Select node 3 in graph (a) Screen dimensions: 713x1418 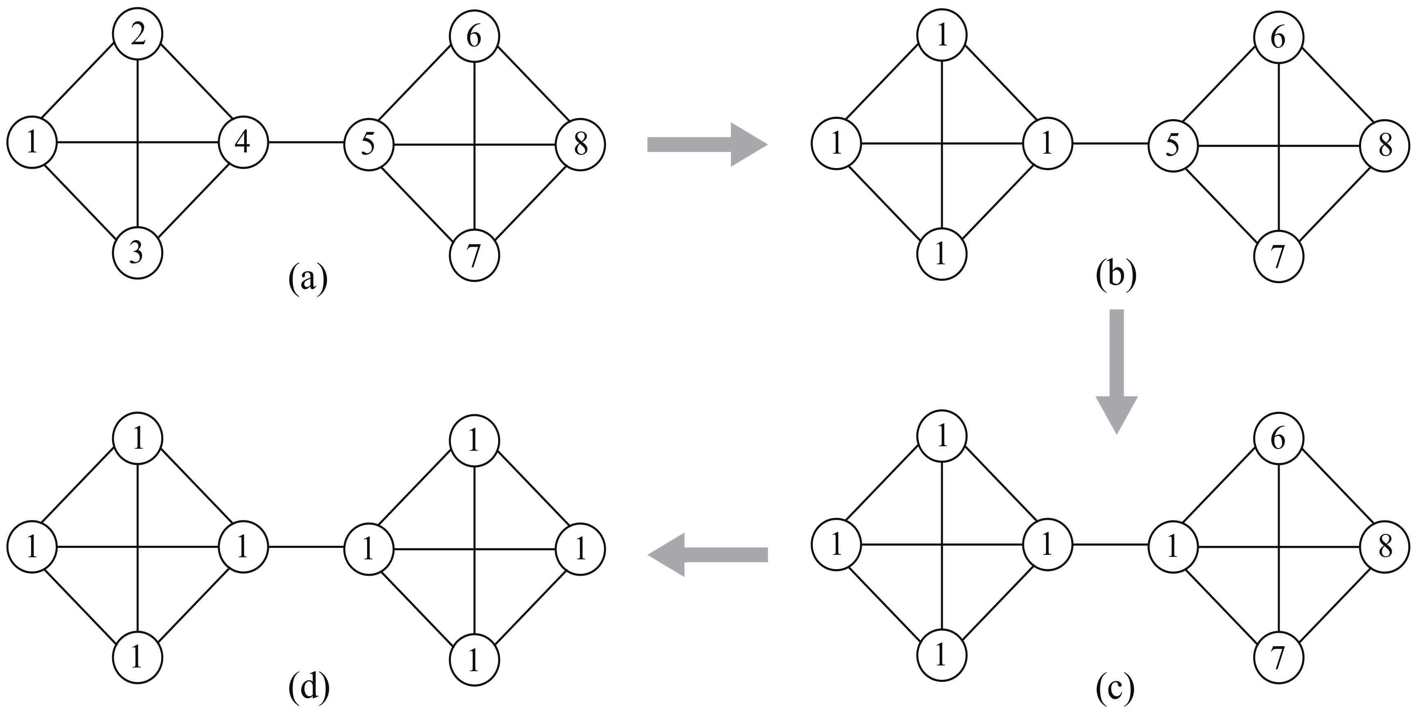point(138,254)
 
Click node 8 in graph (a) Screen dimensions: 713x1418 point(580,145)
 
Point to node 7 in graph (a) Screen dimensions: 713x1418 point(474,256)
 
